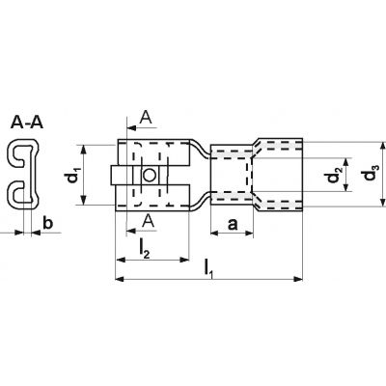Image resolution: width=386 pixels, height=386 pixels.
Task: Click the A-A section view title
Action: [27, 123]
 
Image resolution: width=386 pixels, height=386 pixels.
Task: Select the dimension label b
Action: [47, 223]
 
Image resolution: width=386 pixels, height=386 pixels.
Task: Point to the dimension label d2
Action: [333, 176]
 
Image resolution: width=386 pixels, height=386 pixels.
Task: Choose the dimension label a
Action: [233, 225]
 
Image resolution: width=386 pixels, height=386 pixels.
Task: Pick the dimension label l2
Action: [144, 249]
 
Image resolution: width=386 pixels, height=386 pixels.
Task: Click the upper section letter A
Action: [146, 117]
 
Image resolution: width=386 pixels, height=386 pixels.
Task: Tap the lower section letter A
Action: [149, 221]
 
